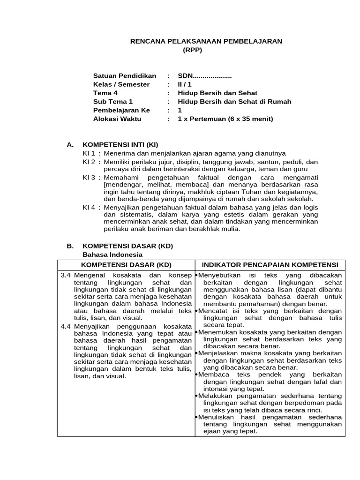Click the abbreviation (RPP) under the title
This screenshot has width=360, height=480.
pos(192,50)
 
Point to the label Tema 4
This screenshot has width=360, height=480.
pos(105,93)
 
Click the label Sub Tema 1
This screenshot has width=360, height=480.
pos(113,102)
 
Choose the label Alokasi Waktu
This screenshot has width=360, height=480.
pos(117,119)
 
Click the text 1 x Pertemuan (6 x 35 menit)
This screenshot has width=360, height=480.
pos(225,119)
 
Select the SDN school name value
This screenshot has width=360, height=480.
pos(205,76)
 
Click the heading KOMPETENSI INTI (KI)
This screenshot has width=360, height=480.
pos(121,144)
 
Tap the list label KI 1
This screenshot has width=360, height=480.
pos(89,153)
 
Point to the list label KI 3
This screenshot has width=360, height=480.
pos(89,178)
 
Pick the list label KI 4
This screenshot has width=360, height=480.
pos(89,207)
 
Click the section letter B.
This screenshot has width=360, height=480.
pos(70,246)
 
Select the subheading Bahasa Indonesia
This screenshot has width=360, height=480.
pos(112,255)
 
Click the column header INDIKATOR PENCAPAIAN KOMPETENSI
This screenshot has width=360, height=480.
pos(270,265)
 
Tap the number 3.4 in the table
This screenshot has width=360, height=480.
pos(65,275)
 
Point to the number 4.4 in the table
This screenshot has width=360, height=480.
pos(65,326)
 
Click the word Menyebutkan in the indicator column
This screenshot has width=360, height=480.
pos(218,275)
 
